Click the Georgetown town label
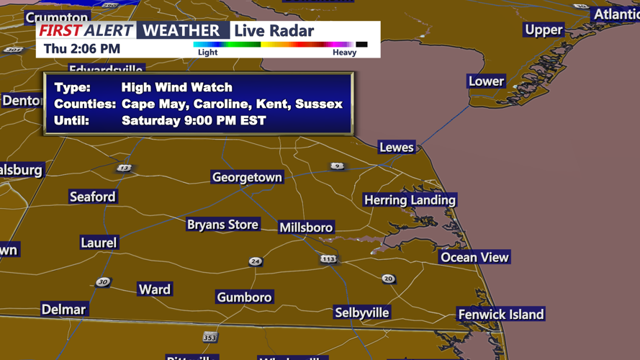[x=247, y=177]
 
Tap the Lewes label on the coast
[x=397, y=148]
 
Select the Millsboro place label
[x=306, y=228]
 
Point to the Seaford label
[x=92, y=197]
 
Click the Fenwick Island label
[x=501, y=315]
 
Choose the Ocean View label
[x=474, y=257]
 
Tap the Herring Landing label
[x=410, y=200]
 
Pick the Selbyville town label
[x=362, y=312]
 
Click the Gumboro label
[x=244, y=297]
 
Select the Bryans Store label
[x=222, y=225]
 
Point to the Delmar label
[x=63, y=310]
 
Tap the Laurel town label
[x=98, y=243]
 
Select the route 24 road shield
[x=256, y=261]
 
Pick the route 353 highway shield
[x=209, y=336]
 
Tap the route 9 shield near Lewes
[x=337, y=166]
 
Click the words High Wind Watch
[x=176, y=88]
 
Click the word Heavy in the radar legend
[x=344, y=53]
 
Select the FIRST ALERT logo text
[x=86, y=30]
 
